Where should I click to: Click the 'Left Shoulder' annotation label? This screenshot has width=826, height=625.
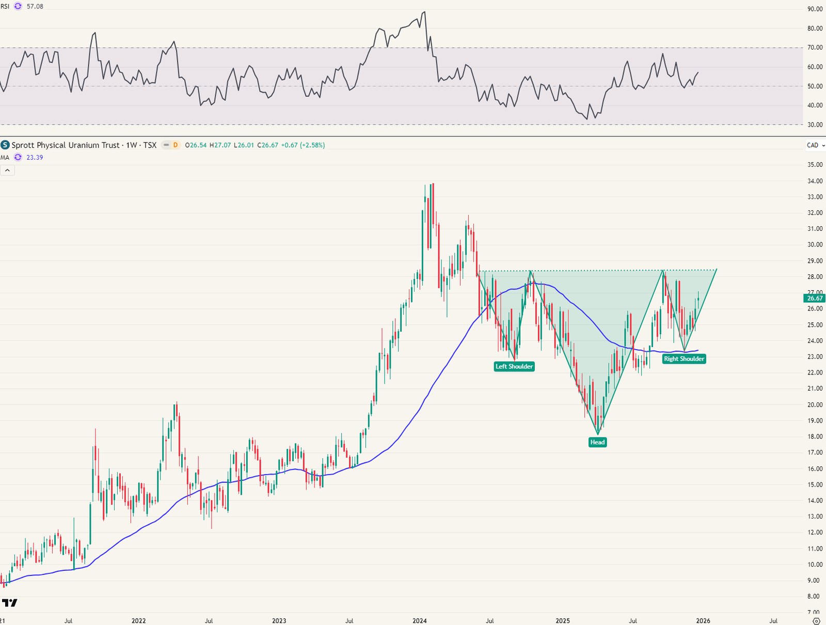point(514,367)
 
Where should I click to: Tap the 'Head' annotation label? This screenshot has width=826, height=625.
point(597,442)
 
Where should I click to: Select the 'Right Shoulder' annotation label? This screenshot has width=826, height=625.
point(684,359)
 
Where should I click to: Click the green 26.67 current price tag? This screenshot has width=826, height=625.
point(815,298)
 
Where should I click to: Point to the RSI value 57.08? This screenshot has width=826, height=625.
point(35,7)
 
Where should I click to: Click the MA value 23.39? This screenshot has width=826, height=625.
point(35,158)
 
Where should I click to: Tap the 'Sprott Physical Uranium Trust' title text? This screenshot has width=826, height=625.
point(66,145)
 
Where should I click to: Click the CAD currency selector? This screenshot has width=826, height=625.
point(813,145)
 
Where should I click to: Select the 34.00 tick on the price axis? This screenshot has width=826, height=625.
point(815,181)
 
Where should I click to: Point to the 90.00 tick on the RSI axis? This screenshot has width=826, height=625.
point(815,9)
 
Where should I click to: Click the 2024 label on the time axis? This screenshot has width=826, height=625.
point(420,621)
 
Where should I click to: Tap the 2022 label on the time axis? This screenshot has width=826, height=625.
point(138,621)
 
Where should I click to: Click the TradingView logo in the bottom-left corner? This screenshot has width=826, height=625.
point(9,603)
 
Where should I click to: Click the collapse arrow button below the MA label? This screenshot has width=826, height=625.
point(7,170)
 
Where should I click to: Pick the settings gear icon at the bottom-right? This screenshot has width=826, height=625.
point(816,620)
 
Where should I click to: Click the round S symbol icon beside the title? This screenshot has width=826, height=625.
point(5,145)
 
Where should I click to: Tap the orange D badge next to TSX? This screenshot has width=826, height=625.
point(176,145)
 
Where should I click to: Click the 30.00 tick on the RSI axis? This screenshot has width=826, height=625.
point(815,124)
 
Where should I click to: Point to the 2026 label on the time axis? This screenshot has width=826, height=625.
point(703,621)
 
